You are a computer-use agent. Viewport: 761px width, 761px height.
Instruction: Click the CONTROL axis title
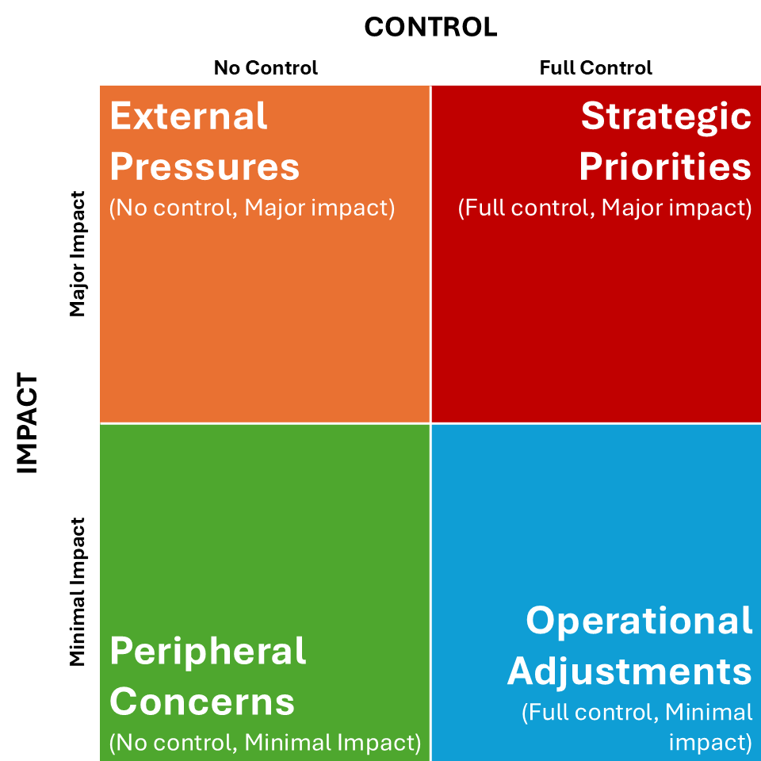tap(430, 27)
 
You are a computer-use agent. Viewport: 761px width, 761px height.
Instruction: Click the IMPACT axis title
tap(28, 424)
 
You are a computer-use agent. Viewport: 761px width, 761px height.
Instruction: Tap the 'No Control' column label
tap(266, 68)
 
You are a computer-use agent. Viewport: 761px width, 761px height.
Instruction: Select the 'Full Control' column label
tap(595, 68)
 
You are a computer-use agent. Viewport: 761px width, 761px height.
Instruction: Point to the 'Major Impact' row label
tap(77, 254)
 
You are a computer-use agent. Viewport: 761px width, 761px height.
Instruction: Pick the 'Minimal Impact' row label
tap(77, 591)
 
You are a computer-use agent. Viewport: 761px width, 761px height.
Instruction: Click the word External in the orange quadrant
tap(189, 117)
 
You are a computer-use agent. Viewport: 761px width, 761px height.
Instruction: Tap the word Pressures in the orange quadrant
tap(205, 167)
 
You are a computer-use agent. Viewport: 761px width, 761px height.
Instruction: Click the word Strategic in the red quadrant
tap(666, 117)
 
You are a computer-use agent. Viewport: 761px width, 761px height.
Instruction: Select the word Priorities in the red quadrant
tap(664, 167)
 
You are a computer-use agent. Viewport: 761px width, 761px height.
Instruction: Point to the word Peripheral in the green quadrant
tap(208, 652)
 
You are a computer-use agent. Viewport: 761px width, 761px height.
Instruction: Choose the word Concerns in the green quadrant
tap(202, 702)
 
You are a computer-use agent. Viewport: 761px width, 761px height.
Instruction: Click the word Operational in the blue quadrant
tap(639, 621)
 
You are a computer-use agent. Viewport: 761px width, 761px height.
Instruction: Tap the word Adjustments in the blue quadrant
tap(629, 671)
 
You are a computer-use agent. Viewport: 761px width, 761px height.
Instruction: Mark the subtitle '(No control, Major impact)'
tap(252, 208)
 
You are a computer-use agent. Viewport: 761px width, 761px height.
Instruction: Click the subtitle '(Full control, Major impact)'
tap(605, 208)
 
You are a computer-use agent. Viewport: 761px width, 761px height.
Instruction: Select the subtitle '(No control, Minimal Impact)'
tap(265, 743)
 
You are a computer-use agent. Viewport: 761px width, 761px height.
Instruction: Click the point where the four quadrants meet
tap(430, 423)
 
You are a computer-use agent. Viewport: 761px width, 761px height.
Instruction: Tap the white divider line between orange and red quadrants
tap(430, 254)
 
